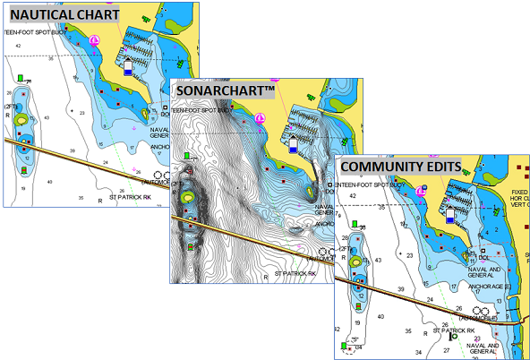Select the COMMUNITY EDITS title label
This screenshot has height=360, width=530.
400,167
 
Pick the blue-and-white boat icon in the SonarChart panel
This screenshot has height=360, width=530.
293,143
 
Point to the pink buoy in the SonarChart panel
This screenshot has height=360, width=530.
260,118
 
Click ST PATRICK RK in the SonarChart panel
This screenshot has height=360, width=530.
296,272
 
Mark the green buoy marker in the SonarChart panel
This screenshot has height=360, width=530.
186,156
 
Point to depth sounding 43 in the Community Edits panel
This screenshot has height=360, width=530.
380,261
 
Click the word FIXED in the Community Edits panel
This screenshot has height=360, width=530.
518,190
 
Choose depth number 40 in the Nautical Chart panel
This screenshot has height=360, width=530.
50,181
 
